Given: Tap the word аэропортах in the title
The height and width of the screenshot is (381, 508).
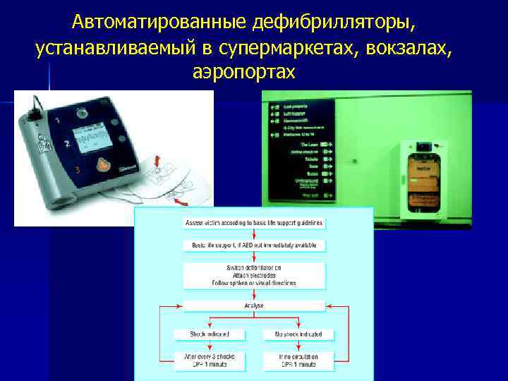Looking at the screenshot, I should click(x=243, y=72).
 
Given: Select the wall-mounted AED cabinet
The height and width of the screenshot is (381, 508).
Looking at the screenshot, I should click(x=424, y=178).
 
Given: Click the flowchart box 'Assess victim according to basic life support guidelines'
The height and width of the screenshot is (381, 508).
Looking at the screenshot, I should click(x=254, y=223).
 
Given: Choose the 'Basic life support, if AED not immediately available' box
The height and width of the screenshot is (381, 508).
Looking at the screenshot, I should click(x=254, y=246).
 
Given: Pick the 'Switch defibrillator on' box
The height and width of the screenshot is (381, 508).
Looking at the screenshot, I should click(x=254, y=275).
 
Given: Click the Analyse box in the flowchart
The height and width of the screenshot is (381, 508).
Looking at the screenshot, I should click(x=254, y=306).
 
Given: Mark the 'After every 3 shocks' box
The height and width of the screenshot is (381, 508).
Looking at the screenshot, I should click(x=209, y=361).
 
